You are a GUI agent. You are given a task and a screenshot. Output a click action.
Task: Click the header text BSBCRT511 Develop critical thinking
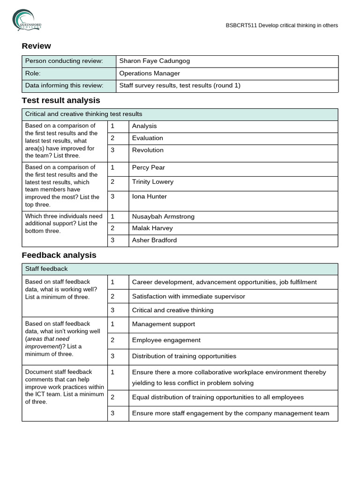pyautogui.click(x=281, y=25)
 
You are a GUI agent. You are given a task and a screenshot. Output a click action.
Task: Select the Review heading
pyautogui.click(x=36, y=46)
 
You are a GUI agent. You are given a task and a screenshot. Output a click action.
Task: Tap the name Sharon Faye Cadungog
pyautogui.click(x=154, y=61)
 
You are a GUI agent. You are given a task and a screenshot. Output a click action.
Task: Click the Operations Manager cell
pyautogui.click(x=149, y=73)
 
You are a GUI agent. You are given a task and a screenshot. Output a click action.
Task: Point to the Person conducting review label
pyautogui.click(x=64, y=61)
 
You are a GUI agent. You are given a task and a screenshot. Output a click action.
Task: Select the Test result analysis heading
pyautogui.click(x=61, y=100)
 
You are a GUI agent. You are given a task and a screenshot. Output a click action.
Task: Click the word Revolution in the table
pyautogui.click(x=148, y=150)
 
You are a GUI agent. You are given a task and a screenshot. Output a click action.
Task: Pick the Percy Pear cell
pyautogui.click(x=148, y=167)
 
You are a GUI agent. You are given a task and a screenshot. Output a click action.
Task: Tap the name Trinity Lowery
pyautogui.click(x=152, y=182)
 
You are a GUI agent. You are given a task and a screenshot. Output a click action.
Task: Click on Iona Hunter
pyautogui.click(x=149, y=196)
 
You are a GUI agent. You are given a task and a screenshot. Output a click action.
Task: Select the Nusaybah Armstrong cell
pyautogui.click(x=163, y=217)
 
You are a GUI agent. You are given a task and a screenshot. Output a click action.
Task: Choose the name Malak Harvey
pyautogui.click(x=152, y=228)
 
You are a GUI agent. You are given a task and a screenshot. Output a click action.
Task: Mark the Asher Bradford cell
pyautogui.click(x=154, y=240)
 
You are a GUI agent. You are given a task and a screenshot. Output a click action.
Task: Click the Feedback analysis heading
pyautogui.click(x=59, y=255)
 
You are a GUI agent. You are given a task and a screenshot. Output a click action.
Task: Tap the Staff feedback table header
pyautogui.click(x=46, y=269)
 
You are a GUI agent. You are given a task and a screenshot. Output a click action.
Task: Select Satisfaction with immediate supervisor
pyautogui.click(x=188, y=296)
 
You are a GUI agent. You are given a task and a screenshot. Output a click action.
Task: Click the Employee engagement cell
pyautogui.click(x=166, y=340)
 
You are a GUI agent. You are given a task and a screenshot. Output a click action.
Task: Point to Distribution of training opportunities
pyautogui.click(x=184, y=356)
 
